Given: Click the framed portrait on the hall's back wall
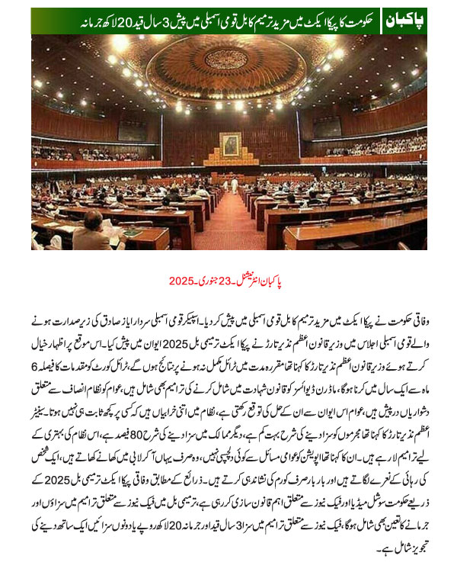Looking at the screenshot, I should pos(229,143).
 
